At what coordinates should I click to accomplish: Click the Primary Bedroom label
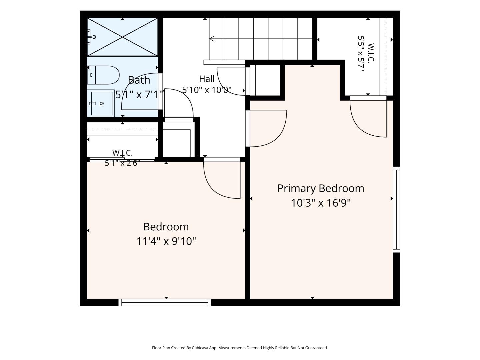click(321, 188)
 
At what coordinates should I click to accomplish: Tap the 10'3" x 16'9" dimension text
click(321, 203)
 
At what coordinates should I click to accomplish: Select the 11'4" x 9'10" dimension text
click(166, 242)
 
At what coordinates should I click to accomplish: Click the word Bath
click(139, 80)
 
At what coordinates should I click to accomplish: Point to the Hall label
click(207, 79)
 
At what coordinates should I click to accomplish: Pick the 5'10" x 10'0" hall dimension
click(207, 90)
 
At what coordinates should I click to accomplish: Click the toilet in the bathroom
click(103, 75)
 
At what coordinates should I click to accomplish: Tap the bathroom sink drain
click(102, 104)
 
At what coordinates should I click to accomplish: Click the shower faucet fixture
click(91, 37)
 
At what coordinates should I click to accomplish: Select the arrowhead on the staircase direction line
click(212, 39)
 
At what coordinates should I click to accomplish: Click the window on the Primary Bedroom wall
click(396, 209)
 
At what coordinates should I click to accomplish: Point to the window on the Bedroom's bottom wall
click(165, 303)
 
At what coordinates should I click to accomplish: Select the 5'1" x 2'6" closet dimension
click(122, 163)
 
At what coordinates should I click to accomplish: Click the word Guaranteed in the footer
click(316, 348)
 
